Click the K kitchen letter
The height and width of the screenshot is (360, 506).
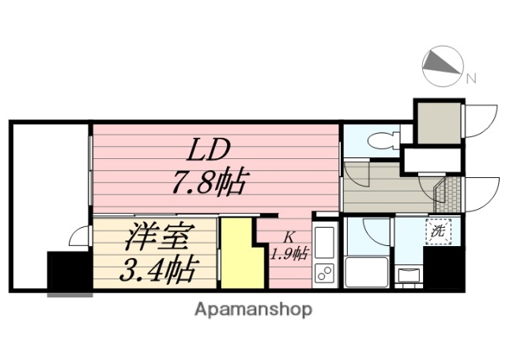[289, 235]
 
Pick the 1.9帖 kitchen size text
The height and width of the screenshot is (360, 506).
[289, 253]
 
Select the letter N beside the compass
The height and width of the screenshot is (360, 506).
[470, 78]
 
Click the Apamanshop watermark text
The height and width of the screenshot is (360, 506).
[252, 308]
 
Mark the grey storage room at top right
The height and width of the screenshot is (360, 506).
[439, 123]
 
